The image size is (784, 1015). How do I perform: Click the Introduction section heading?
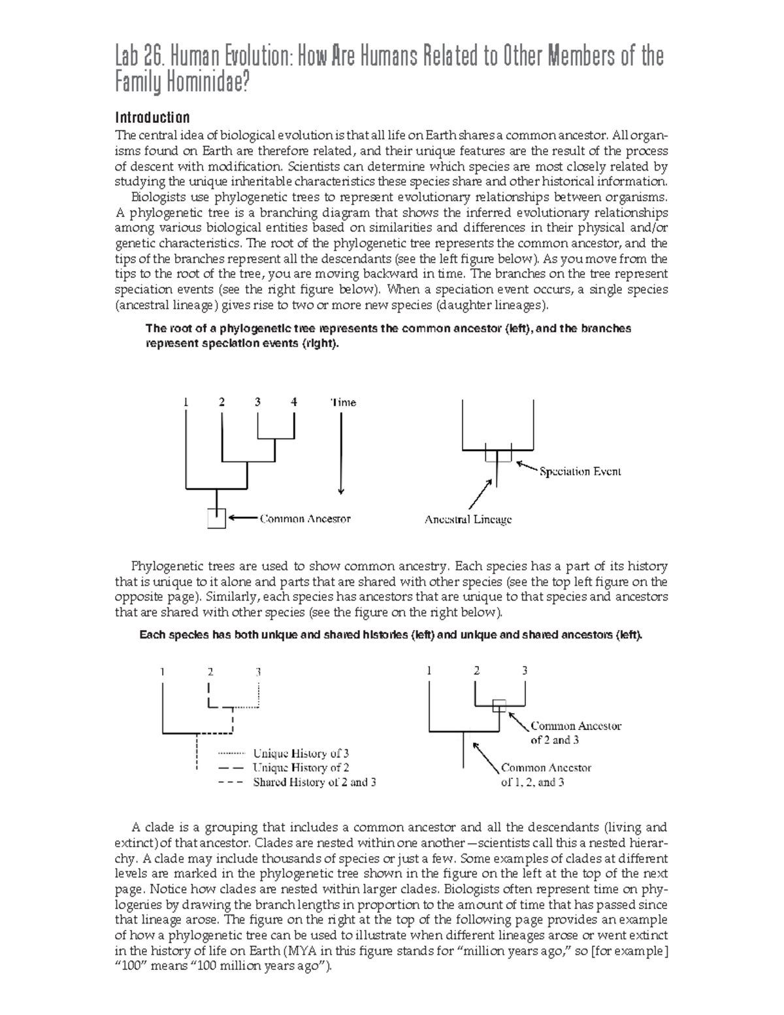(x=152, y=118)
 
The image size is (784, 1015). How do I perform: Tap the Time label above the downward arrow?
(x=343, y=403)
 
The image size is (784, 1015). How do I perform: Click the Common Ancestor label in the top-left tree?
(x=305, y=519)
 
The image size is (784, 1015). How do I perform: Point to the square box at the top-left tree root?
(x=216, y=518)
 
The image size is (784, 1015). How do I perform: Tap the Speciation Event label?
(x=580, y=471)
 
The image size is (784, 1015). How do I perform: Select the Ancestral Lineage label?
(x=468, y=520)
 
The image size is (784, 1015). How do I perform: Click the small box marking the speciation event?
(x=498, y=453)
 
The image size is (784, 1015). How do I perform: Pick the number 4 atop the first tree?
(x=294, y=402)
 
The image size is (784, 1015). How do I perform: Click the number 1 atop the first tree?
(x=186, y=402)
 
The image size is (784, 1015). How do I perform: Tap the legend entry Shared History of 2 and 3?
(x=314, y=782)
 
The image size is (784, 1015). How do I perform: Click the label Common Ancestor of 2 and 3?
(x=575, y=733)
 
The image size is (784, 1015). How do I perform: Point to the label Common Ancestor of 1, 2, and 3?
(x=546, y=775)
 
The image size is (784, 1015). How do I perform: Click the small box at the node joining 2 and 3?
(x=499, y=705)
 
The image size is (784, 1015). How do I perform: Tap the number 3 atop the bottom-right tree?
(x=524, y=671)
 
